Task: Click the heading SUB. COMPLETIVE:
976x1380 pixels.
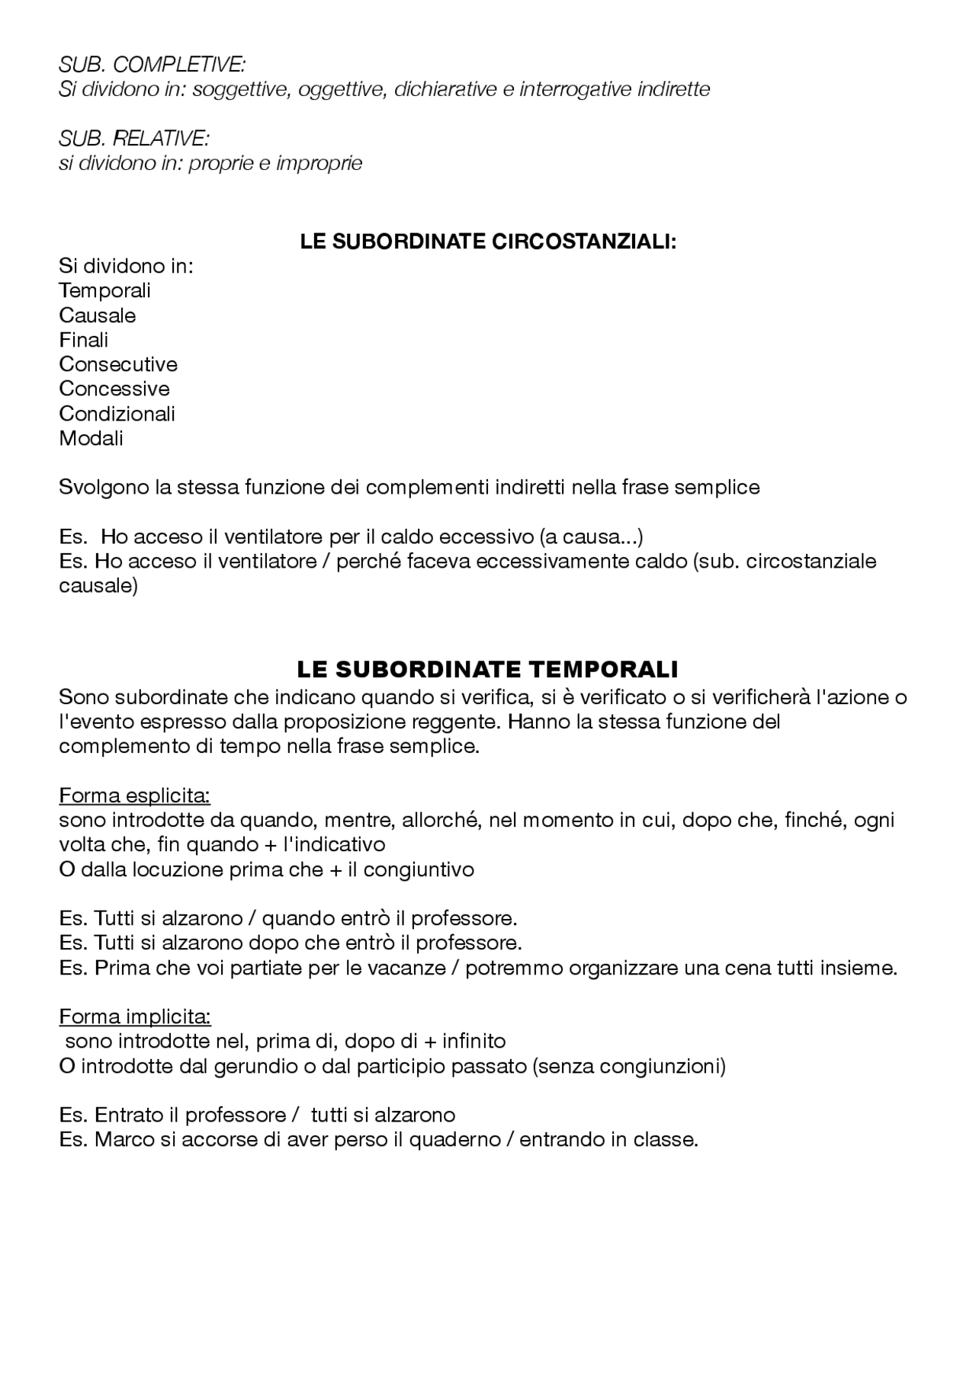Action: click(152, 65)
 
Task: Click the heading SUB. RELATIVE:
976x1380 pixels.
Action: click(133, 139)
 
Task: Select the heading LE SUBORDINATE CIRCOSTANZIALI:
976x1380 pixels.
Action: click(488, 242)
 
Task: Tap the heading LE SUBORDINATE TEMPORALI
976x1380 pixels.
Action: click(487, 670)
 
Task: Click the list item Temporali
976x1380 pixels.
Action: click(104, 290)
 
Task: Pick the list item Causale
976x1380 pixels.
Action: click(97, 315)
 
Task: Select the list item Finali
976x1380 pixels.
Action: click(83, 340)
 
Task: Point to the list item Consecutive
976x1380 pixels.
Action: click(117, 364)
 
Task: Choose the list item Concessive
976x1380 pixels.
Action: click(114, 389)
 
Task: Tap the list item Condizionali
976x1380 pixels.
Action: click(117, 414)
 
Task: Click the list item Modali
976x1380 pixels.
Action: click(91, 438)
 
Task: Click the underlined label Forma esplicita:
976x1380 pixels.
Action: click(134, 796)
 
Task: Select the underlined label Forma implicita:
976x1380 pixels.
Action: click(134, 1017)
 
